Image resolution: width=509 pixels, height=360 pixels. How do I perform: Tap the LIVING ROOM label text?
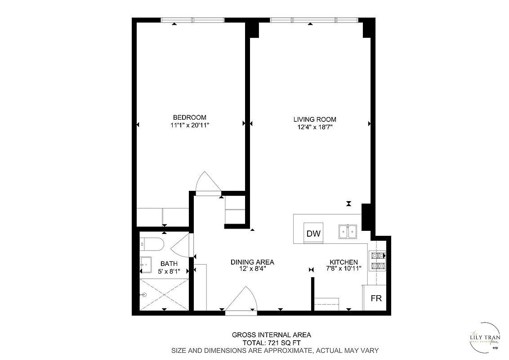point(315,119)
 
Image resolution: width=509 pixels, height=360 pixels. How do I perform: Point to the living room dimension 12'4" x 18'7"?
point(315,127)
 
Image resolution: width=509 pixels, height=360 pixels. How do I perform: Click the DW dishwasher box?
point(313,233)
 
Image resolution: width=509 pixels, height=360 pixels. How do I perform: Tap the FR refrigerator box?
point(375,298)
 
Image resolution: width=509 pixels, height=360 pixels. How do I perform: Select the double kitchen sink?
point(348,231)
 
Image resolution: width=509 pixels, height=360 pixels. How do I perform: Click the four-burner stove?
point(377,261)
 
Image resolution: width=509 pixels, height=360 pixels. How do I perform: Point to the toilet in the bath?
point(152,244)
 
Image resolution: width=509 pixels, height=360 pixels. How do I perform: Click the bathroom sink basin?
point(145,264)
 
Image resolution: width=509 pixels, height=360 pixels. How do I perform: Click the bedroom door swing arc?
point(207,182)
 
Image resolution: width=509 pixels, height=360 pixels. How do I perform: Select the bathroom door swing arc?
point(181,246)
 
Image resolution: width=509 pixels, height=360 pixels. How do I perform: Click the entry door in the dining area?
point(241,299)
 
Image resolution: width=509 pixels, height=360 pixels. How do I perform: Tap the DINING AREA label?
point(252,262)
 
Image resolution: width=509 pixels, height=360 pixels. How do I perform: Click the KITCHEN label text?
point(344,262)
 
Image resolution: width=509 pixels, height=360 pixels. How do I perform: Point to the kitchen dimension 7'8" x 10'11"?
point(344,269)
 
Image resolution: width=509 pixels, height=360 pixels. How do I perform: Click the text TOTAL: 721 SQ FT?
point(271,342)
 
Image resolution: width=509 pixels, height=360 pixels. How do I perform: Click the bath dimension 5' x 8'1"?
point(169,271)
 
